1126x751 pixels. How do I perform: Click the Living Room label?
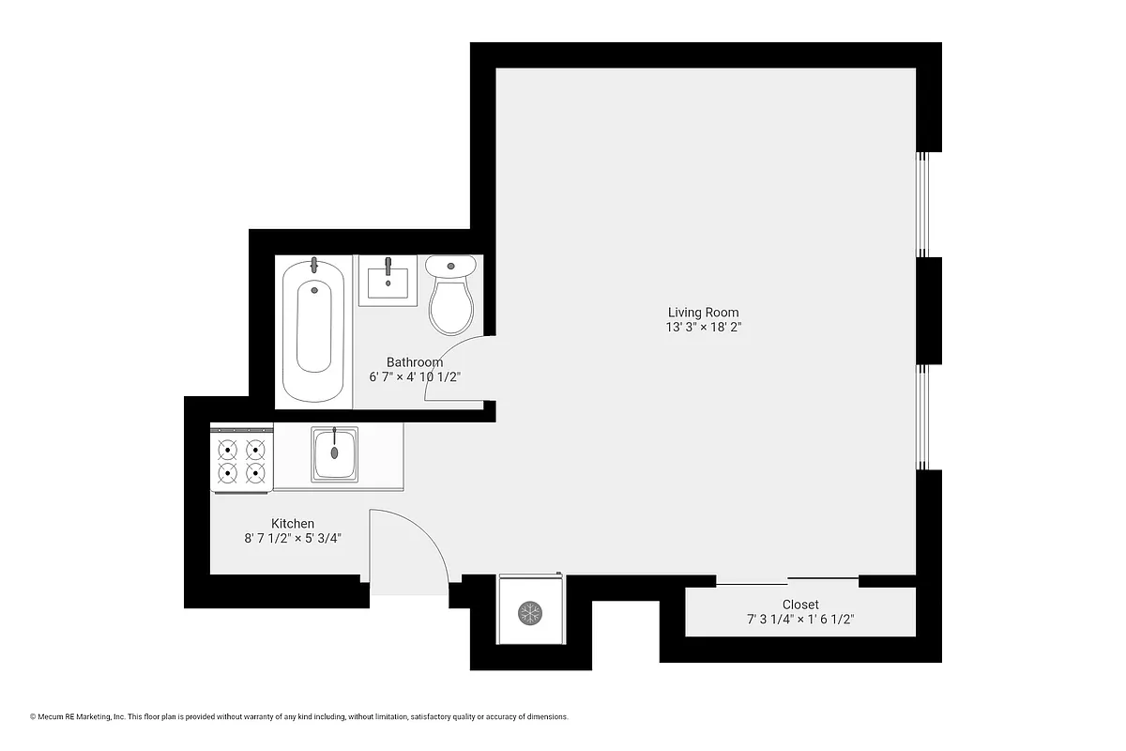click(703, 313)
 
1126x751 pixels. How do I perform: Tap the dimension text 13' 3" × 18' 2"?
click(703, 328)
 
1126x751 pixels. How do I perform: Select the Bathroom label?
click(415, 362)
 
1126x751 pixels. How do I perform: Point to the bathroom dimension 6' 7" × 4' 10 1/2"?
click(415, 377)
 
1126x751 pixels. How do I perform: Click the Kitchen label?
click(293, 524)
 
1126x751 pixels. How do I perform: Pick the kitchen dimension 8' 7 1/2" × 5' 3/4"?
click(293, 539)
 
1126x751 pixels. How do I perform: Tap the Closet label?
click(800, 605)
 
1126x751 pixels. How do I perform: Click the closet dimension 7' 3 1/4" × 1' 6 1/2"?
click(800, 620)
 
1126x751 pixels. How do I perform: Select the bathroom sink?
click(388, 280)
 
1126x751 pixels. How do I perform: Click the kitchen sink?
click(334, 453)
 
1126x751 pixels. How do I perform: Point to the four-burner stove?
click(241, 459)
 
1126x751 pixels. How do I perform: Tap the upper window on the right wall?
click(923, 204)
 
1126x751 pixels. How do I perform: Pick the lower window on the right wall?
click(923, 416)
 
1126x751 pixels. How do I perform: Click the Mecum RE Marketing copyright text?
click(299, 716)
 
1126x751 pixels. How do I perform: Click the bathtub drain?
click(314, 290)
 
